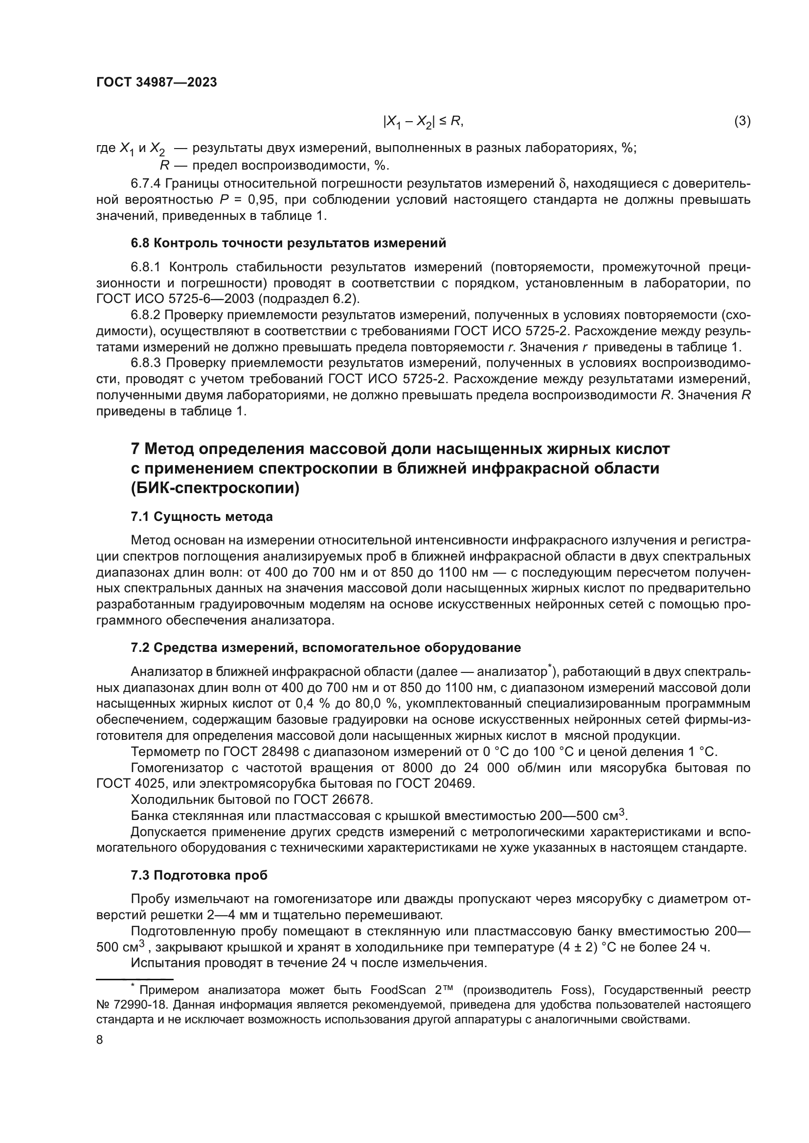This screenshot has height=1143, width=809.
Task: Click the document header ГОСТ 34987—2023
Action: click(157, 83)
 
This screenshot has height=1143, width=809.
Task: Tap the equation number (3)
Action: click(742, 121)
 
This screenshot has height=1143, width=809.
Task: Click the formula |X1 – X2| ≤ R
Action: click(423, 122)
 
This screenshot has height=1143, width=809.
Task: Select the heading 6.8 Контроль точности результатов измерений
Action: click(289, 243)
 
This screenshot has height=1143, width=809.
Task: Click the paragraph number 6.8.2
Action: click(145, 315)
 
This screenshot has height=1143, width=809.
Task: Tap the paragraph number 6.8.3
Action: click(145, 363)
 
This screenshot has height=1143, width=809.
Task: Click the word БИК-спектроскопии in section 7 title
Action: click(215, 488)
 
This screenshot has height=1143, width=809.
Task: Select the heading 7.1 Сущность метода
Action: click(202, 517)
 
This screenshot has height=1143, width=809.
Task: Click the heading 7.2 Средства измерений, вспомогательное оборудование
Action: click(326, 647)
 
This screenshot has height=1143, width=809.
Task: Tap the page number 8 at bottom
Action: click(100, 1040)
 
